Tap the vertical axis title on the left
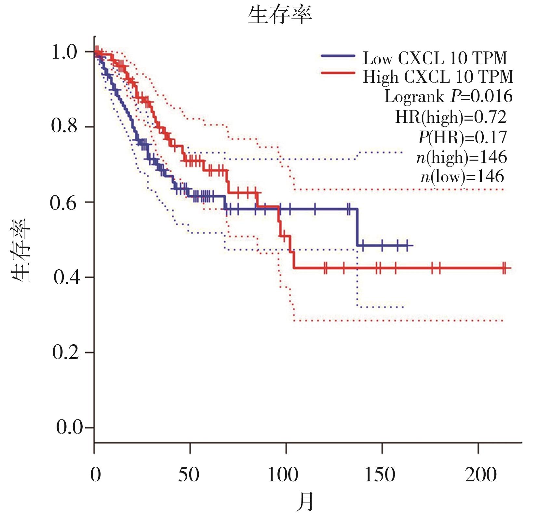(x=21, y=251)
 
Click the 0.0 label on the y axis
(x=70, y=427)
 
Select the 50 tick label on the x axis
(x=188, y=475)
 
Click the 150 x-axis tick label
(x=380, y=475)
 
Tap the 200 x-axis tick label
(x=480, y=475)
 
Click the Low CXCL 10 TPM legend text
(x=435, y=59)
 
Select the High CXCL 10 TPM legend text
(x=438, y=77)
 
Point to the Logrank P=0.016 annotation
(x=449, y=96)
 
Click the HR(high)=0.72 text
(x=451, y=117)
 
